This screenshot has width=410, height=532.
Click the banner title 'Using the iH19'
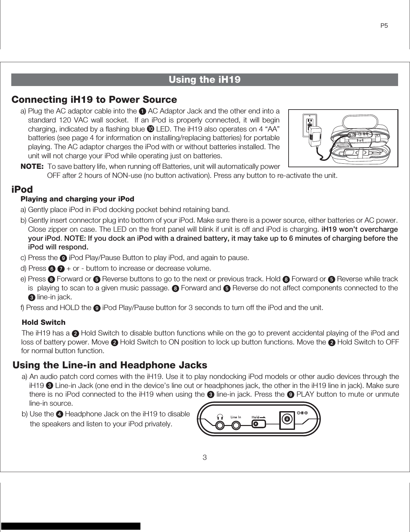tap(205, 80)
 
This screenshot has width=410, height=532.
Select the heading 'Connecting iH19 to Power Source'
tap(94, 100)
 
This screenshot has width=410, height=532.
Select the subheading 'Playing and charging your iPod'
tap(77, 199)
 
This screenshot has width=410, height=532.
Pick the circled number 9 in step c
tap(64, 258)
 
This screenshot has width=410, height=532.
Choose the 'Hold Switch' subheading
tap(43, 323)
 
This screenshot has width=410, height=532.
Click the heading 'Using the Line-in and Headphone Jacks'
tap(110, 365)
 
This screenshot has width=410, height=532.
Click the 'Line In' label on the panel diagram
tap(236, 417)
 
